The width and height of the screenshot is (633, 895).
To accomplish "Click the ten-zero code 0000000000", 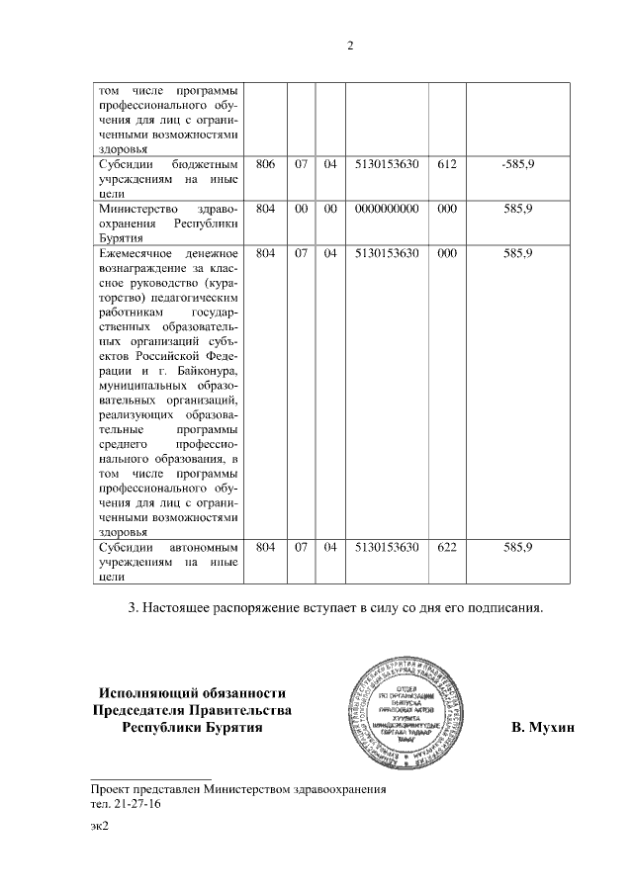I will coord(387,209).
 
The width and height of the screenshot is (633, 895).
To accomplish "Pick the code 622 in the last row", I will coord(446,546).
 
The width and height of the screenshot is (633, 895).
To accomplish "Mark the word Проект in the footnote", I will coord(111,790).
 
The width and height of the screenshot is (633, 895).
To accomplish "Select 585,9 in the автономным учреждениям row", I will coord(517,546).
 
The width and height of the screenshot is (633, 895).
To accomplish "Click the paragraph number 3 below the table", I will coord(133,605).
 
